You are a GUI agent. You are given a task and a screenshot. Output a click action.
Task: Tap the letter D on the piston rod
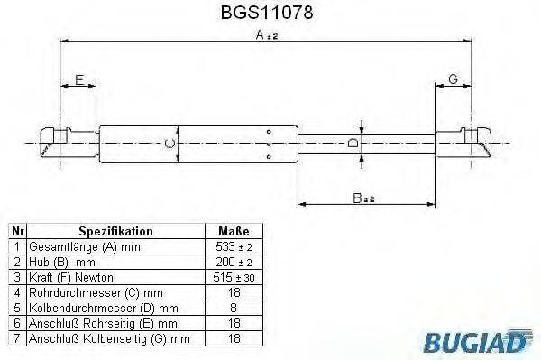tap(355, 143)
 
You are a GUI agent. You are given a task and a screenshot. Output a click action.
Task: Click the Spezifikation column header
tap(116, 231)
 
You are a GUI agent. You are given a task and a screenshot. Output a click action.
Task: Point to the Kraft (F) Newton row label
tap(73, 277)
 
